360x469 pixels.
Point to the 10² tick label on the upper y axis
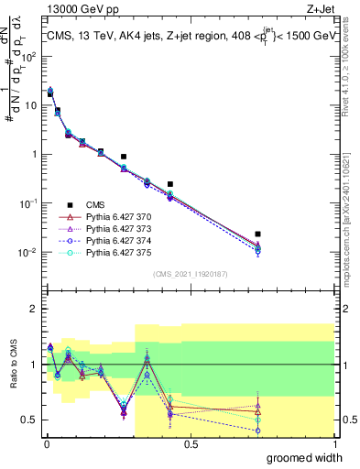[x=30, y=56]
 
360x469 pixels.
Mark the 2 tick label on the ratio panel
[x=35, y=309]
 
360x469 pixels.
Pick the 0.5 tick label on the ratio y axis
[x=30, y=420]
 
